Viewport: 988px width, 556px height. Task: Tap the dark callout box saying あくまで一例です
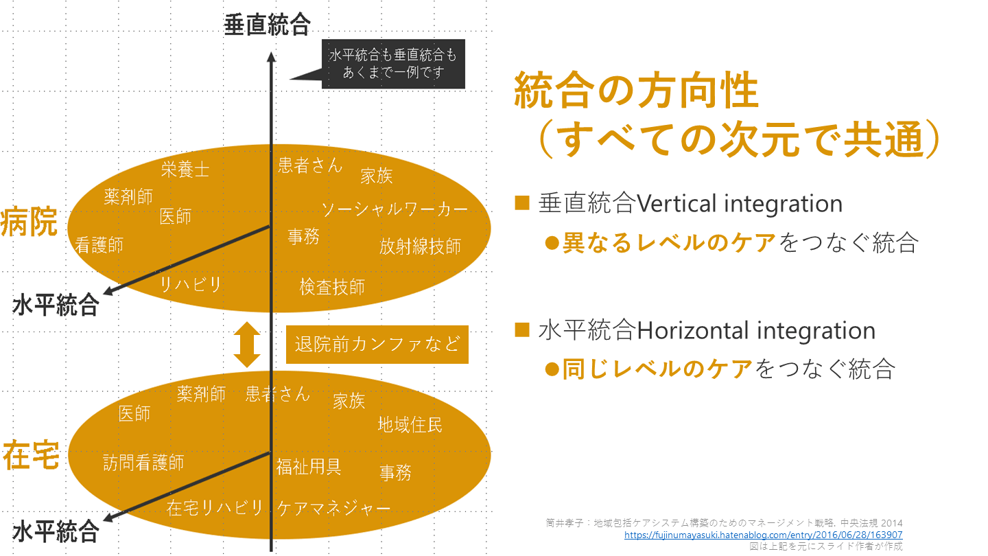(x=393, y=64)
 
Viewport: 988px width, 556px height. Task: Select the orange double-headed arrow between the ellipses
(x=247, y=345)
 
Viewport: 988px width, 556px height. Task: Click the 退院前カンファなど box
(x=377, y=345)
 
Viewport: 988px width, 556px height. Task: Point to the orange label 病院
(x=29, y=222)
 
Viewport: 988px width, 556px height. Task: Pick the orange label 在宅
(x=31, y=455)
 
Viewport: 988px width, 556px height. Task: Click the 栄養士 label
(x=185, y=170)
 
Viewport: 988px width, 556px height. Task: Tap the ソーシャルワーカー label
(x=395, y=209)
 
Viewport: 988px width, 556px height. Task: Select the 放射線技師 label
(x=420, y=246)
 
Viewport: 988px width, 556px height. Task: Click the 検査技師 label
(x=332, y=287)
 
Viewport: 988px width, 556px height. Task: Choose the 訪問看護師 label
(x=143, y=463)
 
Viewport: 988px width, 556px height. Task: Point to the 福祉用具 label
(x=309, y=467)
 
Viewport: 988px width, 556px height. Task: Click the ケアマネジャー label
(x=334, y=509)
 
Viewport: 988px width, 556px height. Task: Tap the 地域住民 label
(x=410, y=425)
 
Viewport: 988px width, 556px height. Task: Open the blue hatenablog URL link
(x=763, y=535)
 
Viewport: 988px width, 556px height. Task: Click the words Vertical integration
(x=739, y=204)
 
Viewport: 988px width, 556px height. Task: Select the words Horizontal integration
(x=756, y=331)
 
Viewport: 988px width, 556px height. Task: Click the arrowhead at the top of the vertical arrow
(x=271, y=56)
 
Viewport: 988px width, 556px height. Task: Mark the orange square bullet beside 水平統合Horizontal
(x=521, y=329)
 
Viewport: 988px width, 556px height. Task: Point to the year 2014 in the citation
(x=891, y=523)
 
